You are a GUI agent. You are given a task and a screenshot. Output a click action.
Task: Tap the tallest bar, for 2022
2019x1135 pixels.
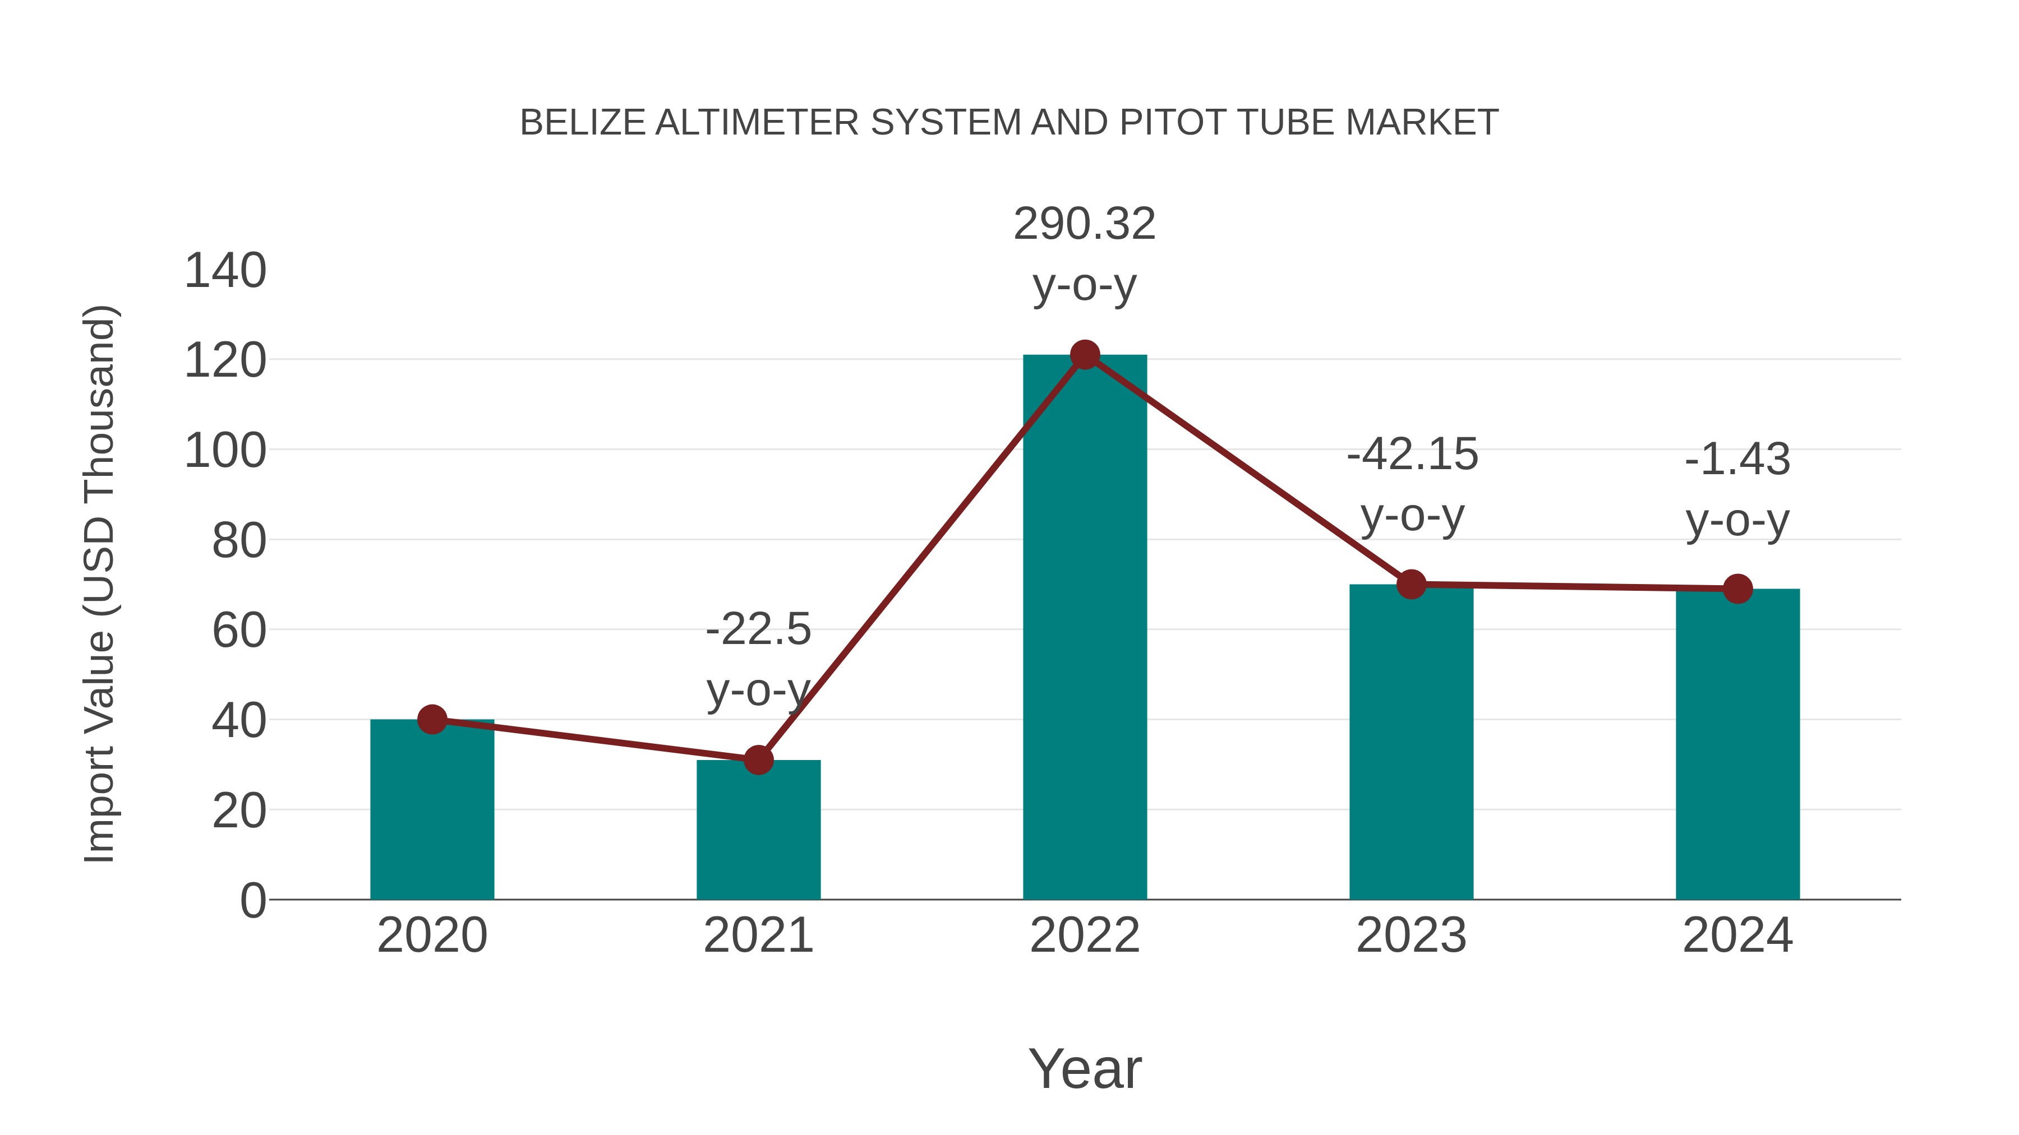click(1084, 627)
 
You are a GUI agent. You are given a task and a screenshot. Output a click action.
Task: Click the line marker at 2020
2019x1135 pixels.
click(432, 719)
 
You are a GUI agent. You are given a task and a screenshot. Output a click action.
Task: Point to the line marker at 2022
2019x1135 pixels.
click(1084, 355)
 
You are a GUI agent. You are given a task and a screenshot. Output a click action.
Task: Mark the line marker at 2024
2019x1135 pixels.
click(1737, 589)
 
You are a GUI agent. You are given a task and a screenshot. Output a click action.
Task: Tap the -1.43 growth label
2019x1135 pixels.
click(1737, 489)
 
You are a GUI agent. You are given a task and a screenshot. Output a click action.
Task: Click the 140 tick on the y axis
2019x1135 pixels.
click(225, 271)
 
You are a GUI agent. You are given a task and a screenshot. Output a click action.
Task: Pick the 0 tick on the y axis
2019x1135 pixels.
click(252, 900)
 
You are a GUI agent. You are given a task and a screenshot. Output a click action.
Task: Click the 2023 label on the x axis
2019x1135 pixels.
click(1411, 935)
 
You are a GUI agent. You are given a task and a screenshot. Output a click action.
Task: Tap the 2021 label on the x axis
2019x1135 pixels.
click(758, 935)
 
